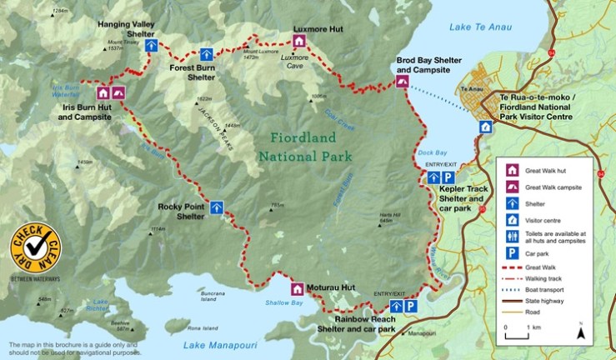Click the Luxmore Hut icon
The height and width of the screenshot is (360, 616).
(x=299, y=41)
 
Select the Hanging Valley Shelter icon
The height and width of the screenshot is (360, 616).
(x=151, y=45)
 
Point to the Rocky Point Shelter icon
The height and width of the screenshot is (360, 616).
(x=217, y=207)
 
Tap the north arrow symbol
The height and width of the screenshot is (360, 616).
(x=581, y=332)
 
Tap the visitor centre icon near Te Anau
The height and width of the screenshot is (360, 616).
(x=485, y=127)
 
